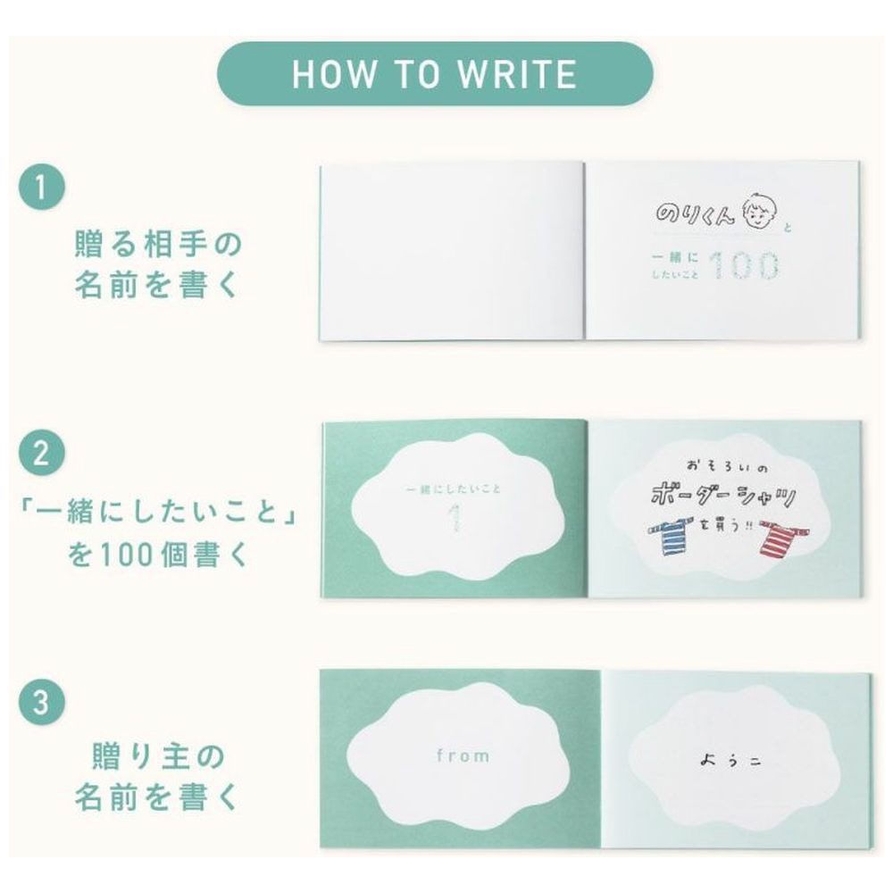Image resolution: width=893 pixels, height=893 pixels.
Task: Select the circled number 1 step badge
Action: (x=42, y=187)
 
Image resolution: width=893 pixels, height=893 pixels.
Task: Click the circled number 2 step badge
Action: (x=42, y=454)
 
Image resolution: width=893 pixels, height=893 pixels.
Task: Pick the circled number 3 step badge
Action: (x=42, y=702)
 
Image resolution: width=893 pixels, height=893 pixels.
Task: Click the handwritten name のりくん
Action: (x=694, y=213)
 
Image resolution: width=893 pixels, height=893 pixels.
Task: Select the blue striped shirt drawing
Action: (x=673, y=535)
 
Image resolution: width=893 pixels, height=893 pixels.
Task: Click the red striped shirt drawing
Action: (x=782, y=538)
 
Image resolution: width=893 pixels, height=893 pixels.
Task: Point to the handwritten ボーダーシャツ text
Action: (x=722, y=496)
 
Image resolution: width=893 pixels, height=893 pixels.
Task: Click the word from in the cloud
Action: (x=463, y=755)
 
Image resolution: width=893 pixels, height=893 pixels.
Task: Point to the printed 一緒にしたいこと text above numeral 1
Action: (x=454, y=488)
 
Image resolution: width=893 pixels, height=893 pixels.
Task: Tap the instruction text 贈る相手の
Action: (x=159, y=243)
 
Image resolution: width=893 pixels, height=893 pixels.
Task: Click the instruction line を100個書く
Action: (x=159, y=554)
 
